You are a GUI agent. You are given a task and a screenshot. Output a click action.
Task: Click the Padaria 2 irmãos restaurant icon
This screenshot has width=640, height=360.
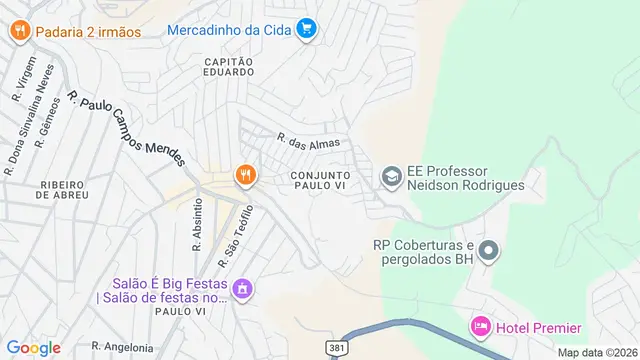[x=19, y=31]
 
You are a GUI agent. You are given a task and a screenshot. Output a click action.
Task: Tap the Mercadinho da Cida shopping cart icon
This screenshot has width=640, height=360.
[x=307, y=29]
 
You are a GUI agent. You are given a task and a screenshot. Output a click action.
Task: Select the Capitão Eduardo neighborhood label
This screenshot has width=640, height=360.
[x=230, y=68]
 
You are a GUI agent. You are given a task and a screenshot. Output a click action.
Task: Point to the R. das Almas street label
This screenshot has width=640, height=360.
[x=315, y=142]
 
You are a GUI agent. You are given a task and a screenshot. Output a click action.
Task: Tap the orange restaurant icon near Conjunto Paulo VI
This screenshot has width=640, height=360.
[x=244, y=176]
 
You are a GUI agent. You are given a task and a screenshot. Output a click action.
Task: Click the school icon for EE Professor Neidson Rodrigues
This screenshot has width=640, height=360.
[x=390, y=177]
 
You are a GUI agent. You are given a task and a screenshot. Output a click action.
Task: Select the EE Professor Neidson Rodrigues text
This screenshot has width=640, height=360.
[x=468, y=177]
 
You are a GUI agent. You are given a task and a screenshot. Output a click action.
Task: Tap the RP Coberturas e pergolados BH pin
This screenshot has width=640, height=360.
[x=487, y=251]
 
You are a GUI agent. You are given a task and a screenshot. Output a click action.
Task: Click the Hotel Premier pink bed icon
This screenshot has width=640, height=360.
[x=480, y=327]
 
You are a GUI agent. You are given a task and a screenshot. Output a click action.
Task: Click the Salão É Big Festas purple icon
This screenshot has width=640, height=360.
[x=241, y=290]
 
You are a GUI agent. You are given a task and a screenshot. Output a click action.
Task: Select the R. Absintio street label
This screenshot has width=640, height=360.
[x=197, y=230]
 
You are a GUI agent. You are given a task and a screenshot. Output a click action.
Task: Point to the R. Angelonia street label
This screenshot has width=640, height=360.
[x=123, y=347]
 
